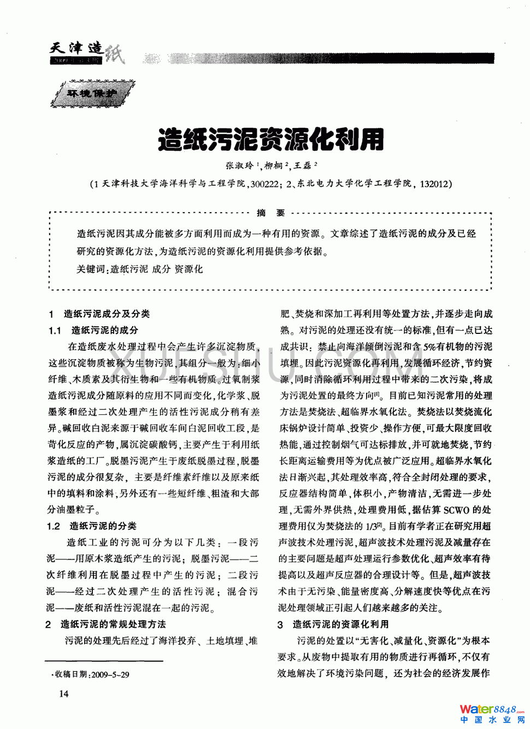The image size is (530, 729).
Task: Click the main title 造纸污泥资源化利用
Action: pos(270,139)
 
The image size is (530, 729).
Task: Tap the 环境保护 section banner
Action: pos(92,93)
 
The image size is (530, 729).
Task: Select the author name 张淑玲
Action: pos(240,165)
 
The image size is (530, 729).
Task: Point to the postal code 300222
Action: pos(263,184)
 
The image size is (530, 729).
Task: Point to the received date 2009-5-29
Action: pos(110,674)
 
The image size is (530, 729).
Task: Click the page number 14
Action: pos(64,693)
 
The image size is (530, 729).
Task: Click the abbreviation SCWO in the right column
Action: pos(456,510)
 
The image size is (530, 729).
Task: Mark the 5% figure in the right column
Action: pos(429,346)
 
